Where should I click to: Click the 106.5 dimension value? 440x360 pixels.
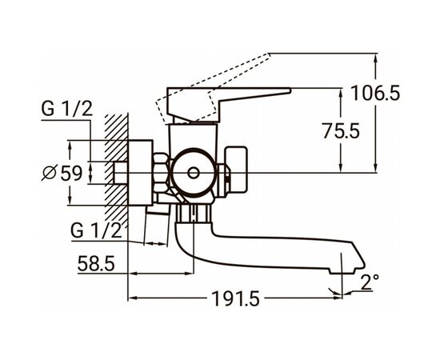375,93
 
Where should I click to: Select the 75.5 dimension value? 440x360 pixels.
341,130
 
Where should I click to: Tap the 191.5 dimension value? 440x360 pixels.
236,298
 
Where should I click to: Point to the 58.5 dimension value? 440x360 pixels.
96,263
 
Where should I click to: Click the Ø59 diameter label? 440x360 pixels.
62,173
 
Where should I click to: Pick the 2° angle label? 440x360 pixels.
370,282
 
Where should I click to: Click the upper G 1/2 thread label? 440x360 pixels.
66,109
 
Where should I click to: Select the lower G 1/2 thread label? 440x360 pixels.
96,230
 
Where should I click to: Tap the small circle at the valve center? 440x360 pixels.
193,173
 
